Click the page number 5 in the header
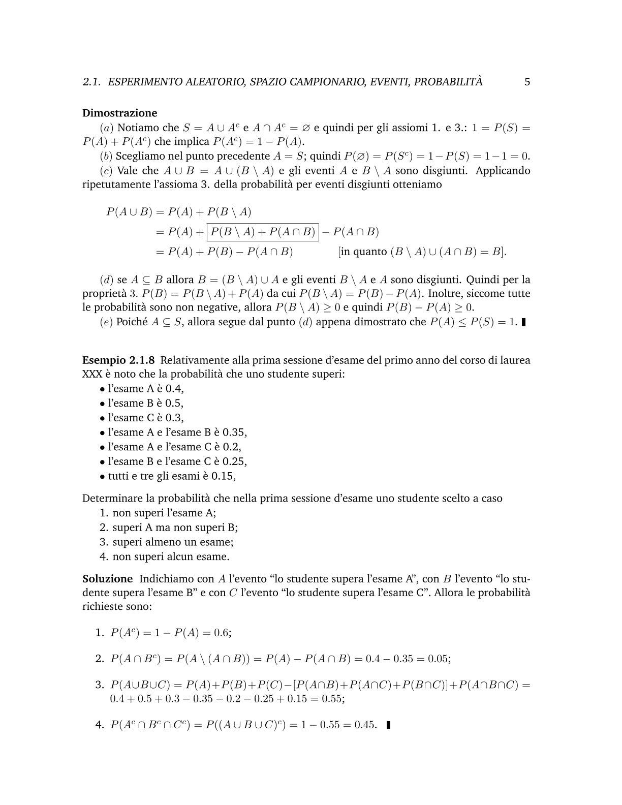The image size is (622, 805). click(527, 82)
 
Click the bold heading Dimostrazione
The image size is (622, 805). click(119, 113)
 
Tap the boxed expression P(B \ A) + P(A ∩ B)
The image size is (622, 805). click(263, 232)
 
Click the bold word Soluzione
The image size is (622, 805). click(107, 579)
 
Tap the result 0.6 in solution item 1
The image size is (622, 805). click(222, 633)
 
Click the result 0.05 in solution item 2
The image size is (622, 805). click(439, 659)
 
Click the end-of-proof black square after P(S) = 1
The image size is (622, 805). click(523, 322)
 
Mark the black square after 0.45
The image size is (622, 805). click(389, 725)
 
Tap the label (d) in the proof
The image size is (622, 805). click(106, 280)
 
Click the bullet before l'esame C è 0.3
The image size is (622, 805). click(102, 418)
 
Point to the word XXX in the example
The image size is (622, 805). click(92, 375)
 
